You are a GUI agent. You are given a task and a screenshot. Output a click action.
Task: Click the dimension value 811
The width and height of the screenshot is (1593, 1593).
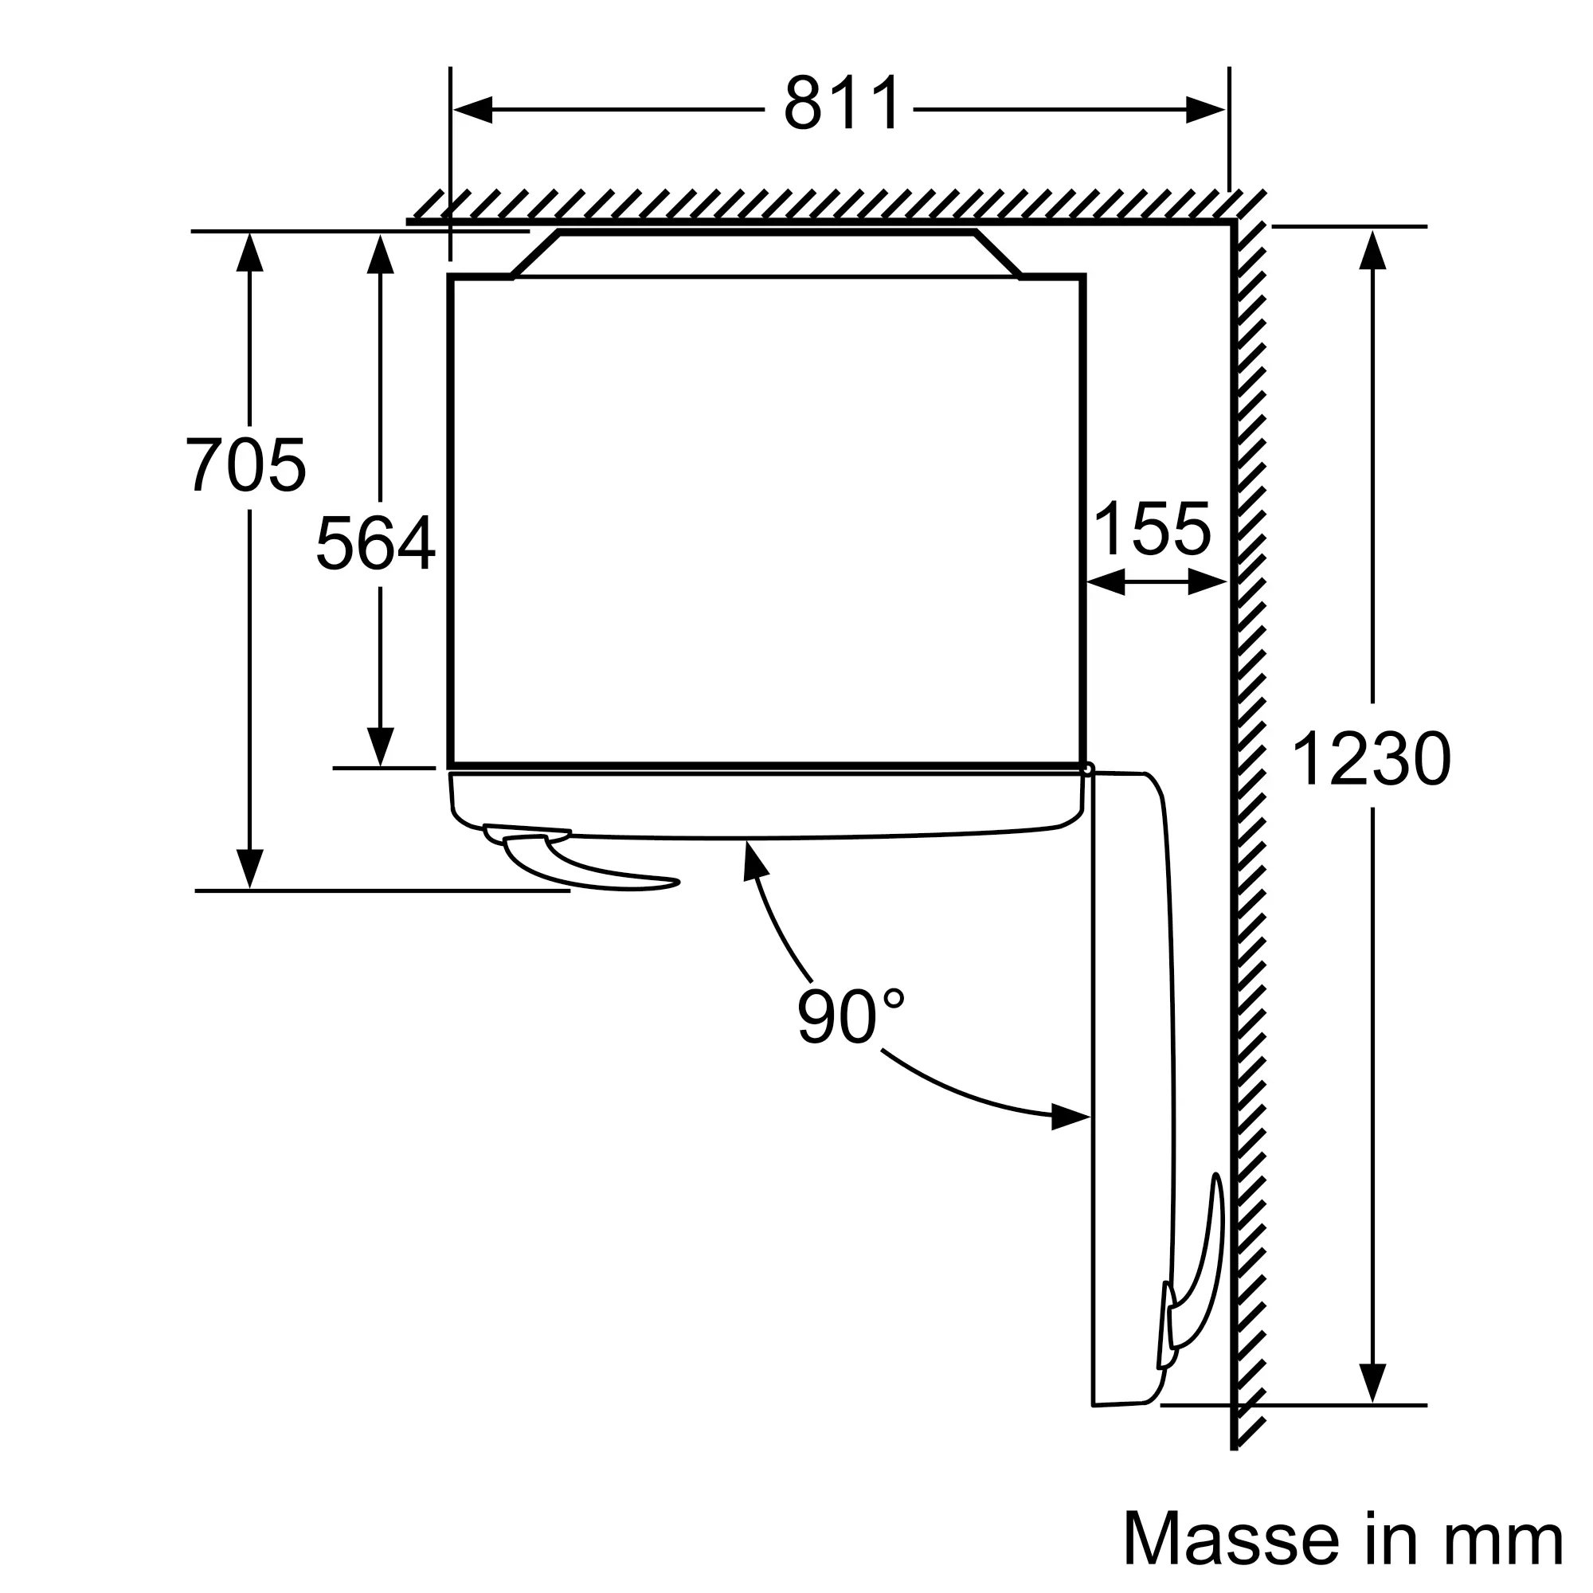point(841,104)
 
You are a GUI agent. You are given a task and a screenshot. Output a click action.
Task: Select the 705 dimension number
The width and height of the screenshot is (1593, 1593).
point(245,465)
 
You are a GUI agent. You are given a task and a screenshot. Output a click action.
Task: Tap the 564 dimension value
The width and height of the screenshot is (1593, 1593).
point(375,542)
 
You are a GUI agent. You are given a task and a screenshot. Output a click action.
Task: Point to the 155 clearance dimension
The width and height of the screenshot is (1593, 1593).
point(1152,529)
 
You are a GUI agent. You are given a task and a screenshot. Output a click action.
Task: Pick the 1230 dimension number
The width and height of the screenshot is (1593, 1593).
point(1370,759)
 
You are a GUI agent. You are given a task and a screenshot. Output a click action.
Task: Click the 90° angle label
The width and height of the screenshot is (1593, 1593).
point(849,1016)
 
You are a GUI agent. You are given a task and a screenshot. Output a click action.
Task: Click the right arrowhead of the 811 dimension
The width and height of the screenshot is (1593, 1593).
point(1205,110)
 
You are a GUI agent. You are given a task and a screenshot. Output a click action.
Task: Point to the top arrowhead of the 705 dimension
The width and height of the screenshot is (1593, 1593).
point(250,252)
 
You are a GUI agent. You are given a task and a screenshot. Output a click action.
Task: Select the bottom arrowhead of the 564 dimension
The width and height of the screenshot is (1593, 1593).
point(380,746)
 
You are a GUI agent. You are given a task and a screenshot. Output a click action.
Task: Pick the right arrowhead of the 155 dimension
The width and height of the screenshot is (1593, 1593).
point(1208,583)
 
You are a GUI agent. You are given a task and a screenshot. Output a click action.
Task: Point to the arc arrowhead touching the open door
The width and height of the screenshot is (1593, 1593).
point(1071,1119)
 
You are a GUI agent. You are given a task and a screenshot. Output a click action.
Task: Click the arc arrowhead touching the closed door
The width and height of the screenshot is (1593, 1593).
point(753,860)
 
